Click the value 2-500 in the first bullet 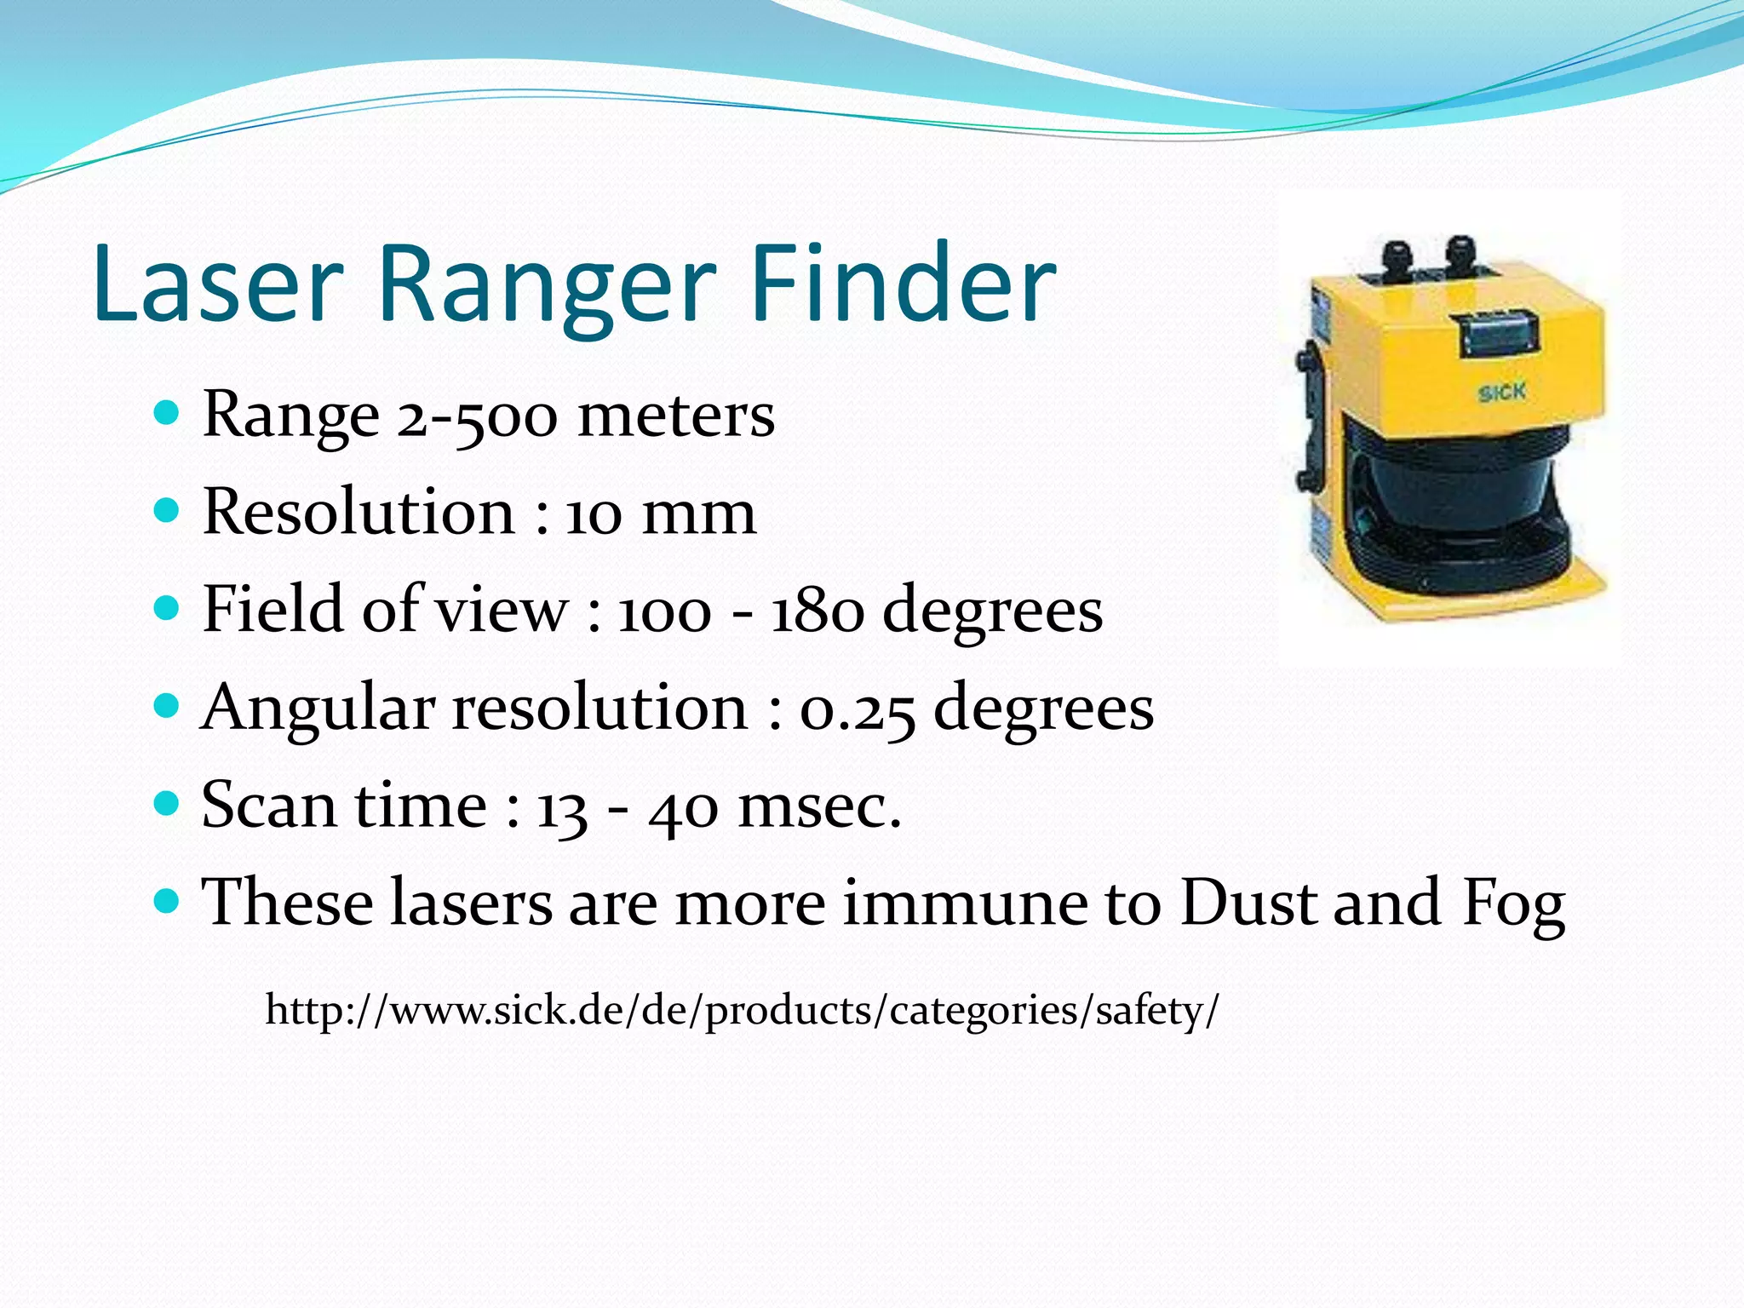[477, 417]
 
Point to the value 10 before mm [594, 515]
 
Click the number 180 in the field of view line [816, 611]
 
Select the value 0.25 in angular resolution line [857, 709]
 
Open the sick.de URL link [742, 1011]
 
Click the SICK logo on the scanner [1501, 393]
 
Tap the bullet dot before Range [167, 414]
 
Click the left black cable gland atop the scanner [1399, 255]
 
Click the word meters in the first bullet [676, 417]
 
